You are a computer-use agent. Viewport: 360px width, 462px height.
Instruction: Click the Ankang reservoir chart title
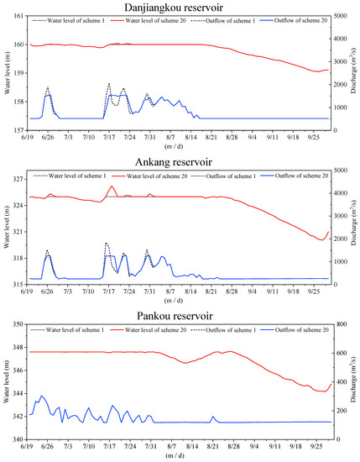tap(180, 160)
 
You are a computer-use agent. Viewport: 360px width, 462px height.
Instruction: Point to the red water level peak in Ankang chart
tap(112, 186)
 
